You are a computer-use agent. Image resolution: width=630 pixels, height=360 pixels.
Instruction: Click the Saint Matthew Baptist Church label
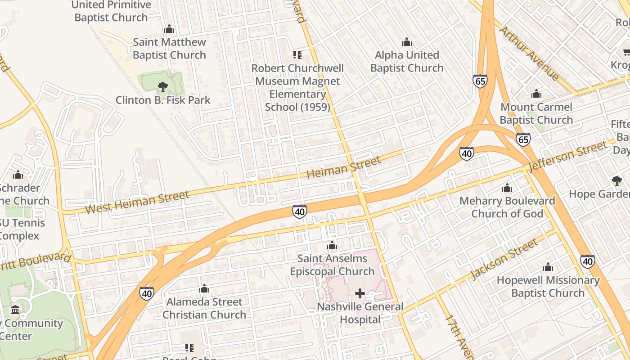[x=169, y=49]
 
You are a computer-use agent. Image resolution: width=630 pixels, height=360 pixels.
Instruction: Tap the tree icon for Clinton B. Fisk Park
[x=163, y=86]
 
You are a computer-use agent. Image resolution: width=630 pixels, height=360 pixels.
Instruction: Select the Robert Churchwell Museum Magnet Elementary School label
[x=297, y=87]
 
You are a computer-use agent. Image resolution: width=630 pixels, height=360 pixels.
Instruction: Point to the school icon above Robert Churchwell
[x=297, y=55]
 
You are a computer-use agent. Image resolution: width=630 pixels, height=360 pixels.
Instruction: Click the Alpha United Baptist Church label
[x=407, y=62]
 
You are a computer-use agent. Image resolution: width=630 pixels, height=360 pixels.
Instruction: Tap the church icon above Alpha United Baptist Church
[x=407, y=42]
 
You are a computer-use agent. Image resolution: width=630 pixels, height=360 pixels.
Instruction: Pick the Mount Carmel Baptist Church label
[x=536, y=113]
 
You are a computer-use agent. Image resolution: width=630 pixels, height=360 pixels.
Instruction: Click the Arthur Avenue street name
[x=529, y=53]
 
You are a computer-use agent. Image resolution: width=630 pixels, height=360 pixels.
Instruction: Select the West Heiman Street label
[x=137, y=202]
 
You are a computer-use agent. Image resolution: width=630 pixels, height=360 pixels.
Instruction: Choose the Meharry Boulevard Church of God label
[x=507, y=207]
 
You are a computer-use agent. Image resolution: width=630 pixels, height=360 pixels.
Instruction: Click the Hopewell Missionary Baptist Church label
[x=548, y=287]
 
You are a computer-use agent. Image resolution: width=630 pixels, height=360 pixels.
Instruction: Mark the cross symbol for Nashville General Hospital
[x=360, y=294]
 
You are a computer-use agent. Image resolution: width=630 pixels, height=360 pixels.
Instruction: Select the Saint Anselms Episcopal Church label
[x=332, y=265]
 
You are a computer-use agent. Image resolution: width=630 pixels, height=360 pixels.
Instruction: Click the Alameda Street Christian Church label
[x=204, y=308]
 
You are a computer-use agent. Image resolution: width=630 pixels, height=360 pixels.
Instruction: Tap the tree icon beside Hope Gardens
[x=616, y=181]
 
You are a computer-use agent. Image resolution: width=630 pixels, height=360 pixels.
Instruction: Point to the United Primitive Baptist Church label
[x=111, y=11]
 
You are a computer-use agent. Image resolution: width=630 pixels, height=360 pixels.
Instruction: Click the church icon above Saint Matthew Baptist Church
[x=169, y=29]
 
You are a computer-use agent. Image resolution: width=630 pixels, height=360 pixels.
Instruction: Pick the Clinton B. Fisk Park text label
[x=163, y=100]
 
